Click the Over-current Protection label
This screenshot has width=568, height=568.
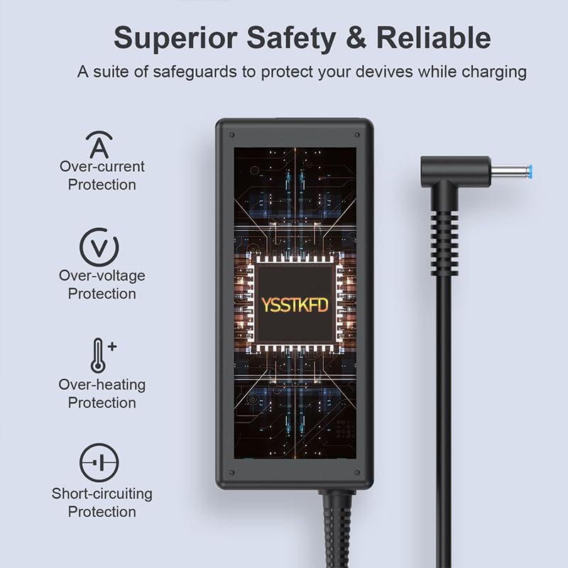(102, 175)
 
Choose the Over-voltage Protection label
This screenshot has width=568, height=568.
(102, 285)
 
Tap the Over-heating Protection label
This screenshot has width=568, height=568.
(102, 393)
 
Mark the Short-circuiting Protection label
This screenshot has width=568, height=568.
(102, 502)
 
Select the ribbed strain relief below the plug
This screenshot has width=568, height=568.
(444, 227)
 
